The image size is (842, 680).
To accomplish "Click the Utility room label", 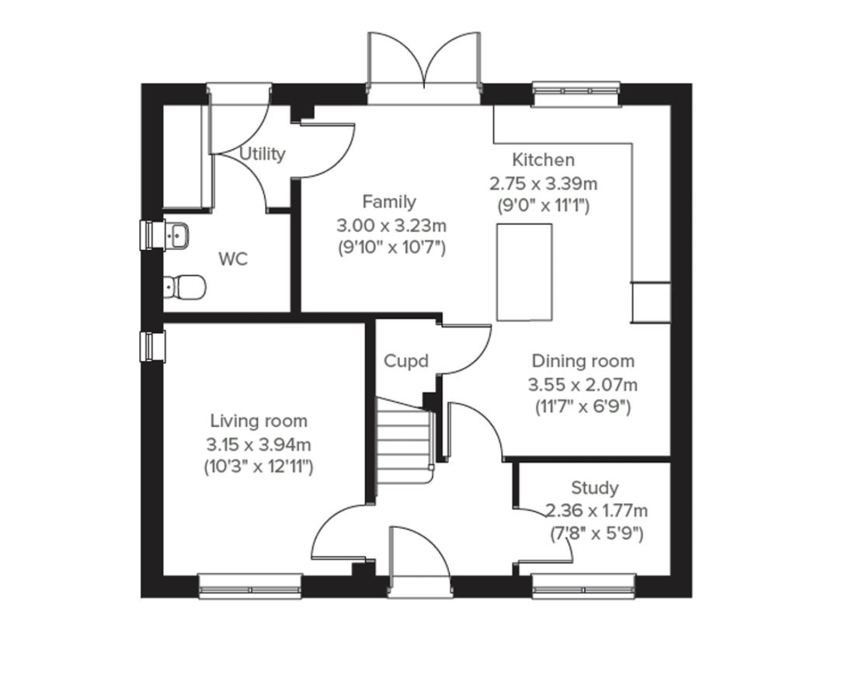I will click(x=262, y=154).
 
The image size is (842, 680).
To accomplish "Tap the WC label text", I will click(x=233, y=259).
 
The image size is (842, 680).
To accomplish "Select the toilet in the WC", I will click(x=186, y=287).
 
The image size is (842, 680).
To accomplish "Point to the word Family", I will click(x=389, y=202).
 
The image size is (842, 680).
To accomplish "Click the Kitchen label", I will click(x=544, y=160).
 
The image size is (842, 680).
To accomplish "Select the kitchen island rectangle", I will click(x=524, y=272).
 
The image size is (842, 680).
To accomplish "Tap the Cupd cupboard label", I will click(x=406, y=361).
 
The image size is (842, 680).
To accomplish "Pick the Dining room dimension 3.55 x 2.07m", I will click(x=583, y=384).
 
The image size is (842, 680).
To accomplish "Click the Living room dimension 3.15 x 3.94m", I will click(x=259, y=445).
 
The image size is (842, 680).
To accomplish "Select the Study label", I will click(x=595, y=487).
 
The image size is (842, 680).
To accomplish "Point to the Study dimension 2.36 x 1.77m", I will click(x=597, y=511).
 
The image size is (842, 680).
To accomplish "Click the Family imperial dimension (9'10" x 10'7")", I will click(x=391, y=248).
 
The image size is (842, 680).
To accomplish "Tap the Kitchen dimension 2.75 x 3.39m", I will click(x=544, y=184).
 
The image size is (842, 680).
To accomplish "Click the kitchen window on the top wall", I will click(x=576, y=94).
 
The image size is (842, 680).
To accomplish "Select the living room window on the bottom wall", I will click(x=250, y=585).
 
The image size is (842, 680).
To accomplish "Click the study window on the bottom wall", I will click(x=583, y=585).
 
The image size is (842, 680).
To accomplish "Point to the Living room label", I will click(x=259, y=421).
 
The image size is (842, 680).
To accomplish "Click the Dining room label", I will click(x=583, y=361).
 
